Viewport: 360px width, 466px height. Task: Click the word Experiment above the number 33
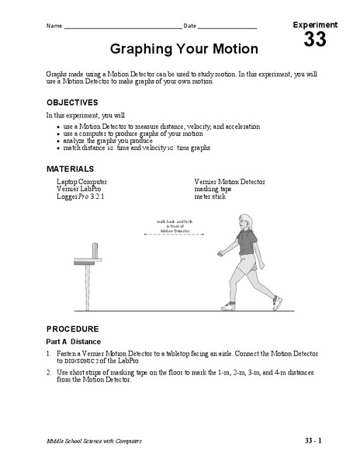(x=315, y=25)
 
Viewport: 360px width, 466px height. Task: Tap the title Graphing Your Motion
(x=184, y=49)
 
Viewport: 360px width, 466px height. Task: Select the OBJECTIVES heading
(x=72, y=102)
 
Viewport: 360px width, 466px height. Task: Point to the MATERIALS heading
(x=70, y=169)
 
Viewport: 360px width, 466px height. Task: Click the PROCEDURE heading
(x=73, y=328)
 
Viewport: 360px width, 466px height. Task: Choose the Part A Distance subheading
(x=80, y=342)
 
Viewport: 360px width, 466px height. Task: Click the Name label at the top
(x=54, y=26)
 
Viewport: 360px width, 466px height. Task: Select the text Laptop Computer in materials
(x=82, y=182)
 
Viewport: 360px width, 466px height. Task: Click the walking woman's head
(x=244, y=222)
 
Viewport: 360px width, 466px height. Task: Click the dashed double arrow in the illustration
(x=175, y=235)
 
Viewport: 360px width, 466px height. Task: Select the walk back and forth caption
(x=175, y=226)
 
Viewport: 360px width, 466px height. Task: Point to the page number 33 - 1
(x=313, y=440)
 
